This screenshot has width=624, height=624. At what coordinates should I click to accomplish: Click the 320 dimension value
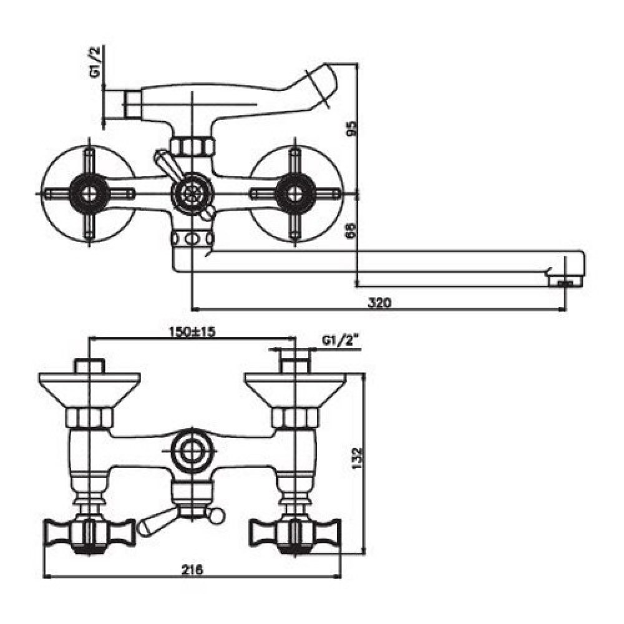379,303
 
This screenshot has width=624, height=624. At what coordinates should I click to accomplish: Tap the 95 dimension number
353,127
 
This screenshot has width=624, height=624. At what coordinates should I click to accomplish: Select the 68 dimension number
353,230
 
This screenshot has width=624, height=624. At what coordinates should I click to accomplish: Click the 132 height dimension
358,458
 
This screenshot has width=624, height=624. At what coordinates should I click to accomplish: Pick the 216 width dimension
192,570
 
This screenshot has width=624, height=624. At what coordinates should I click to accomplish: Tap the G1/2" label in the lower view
341,341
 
